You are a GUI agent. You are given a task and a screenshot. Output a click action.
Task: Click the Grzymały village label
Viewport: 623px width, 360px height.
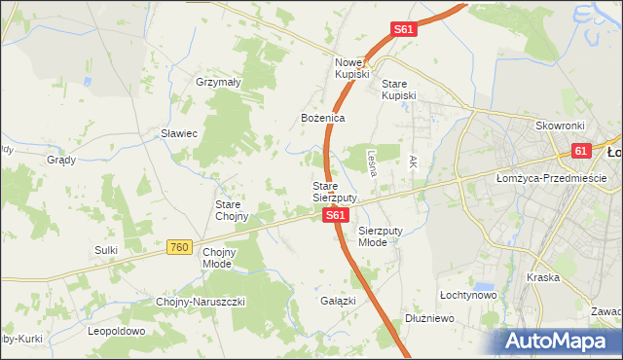coord(218,83)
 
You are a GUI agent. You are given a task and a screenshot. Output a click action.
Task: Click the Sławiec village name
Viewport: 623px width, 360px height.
coord(179,133)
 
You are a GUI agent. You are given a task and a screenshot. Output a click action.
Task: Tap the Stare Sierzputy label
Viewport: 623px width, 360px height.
coord(334,191)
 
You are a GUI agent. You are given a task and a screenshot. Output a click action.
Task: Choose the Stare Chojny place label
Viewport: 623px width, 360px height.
coord(233,210)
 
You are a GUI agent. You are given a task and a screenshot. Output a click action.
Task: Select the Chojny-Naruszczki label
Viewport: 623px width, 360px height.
coord(202,302)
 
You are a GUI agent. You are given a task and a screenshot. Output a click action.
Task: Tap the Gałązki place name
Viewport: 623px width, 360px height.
coord(338,301)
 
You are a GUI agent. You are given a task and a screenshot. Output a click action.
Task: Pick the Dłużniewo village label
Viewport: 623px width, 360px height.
coord(430,318)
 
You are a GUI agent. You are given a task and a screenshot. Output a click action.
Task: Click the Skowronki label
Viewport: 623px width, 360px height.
coord(559,126)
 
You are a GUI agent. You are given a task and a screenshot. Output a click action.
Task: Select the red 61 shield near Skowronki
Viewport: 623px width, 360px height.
coord(581,151)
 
